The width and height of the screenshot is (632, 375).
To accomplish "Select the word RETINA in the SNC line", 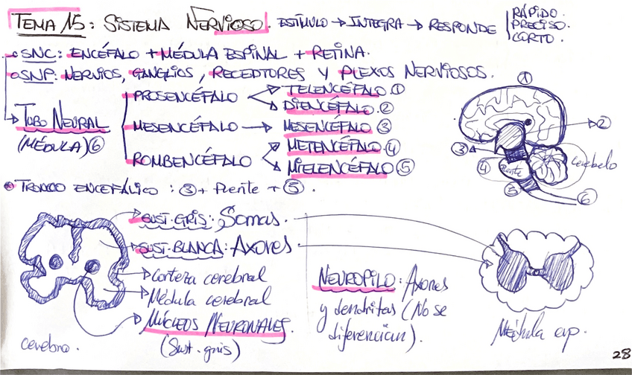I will [341, 54].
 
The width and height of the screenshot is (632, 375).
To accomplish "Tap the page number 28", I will [617, 355].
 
